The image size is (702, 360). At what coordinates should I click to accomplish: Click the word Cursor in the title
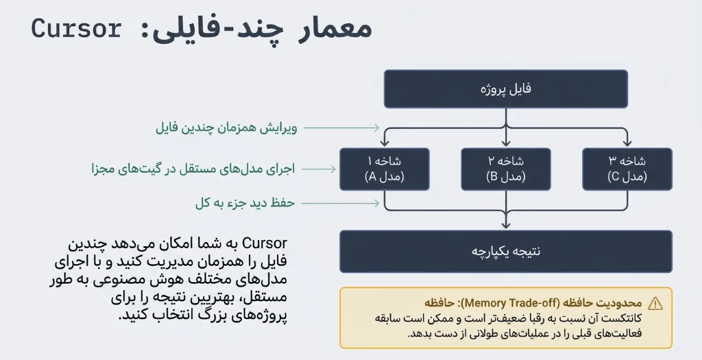[x=76, y=29]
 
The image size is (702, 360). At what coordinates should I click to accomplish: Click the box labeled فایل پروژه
[x=506, y=88]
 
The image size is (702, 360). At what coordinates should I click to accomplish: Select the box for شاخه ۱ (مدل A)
[x=385, y=169]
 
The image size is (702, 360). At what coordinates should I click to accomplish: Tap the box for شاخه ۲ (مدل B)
[x=506, y=169]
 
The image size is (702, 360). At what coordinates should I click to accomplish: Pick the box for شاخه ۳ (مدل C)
[x=627, y=169]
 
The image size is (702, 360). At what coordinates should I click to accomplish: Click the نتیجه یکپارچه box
[x=506, y=251]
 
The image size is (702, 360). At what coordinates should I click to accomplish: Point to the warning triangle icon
[x=655, y=303]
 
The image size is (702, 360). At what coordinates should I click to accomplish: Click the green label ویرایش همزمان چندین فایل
[x=226, y=128]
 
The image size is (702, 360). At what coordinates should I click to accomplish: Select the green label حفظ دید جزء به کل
[x=245, y=203]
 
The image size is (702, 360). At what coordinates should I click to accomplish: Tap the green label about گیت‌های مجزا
[x=193, y=169]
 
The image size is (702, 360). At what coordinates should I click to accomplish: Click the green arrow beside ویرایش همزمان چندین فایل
[x=341, y=128]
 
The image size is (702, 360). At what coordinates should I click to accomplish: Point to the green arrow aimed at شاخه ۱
[x=319, y=169]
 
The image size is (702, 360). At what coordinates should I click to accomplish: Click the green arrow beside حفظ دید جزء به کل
[x=341, y=203]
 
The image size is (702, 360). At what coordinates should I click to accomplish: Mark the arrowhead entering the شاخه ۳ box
[x=627, y=143]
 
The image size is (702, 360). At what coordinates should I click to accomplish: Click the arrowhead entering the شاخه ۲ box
[x=506, y=143]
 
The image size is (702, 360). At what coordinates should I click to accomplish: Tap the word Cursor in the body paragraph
[x=265, y=243]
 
